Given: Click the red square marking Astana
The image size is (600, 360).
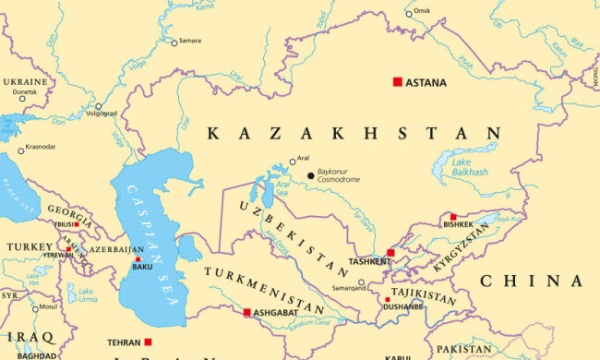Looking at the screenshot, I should (398, 82).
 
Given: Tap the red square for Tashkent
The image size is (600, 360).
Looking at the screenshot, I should (390, 252).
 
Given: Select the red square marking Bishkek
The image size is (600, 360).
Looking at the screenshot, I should (452, 217).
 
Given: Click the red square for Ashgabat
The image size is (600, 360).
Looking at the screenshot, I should (246, 313).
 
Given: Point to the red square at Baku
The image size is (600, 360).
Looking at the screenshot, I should (138, 258).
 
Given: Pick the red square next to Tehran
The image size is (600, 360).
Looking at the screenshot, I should (148, 342).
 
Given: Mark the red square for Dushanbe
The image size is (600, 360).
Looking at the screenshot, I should (387, 299).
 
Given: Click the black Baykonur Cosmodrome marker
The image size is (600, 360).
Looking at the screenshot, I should (310, 175).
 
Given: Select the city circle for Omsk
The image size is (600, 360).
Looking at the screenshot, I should (409, 14).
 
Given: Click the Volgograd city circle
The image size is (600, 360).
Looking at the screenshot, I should (99, 106).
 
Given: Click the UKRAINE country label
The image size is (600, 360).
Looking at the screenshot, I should (25, 81).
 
